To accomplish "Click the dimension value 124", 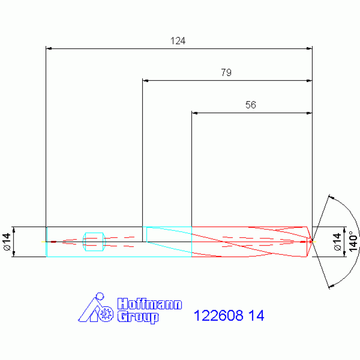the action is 178,41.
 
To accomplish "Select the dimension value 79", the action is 226,73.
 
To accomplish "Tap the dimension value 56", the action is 251,105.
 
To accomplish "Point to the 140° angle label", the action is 353,241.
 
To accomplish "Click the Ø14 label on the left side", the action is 8,242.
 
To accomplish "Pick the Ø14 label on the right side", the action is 337,242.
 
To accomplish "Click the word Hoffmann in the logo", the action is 149,304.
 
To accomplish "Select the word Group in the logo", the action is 138,317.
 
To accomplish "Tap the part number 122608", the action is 218,315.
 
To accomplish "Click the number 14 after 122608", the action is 256,315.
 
